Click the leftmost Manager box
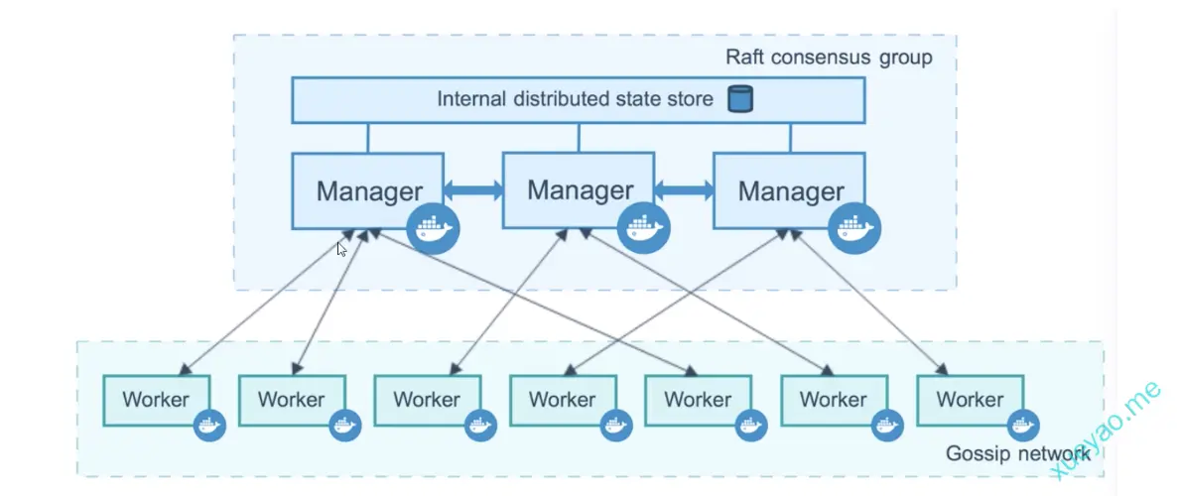(368, 189)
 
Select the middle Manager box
(579, 188)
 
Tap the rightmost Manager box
(790, 189)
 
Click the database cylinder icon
(739, 99)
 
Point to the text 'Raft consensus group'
(829, 57)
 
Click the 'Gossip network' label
(1017, 453)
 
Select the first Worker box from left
(156, 400)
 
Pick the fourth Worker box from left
(563, 400)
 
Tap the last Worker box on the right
(970, 400)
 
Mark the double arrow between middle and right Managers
(684, 190)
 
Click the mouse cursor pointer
(341, 249)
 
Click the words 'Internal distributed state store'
(575, 99)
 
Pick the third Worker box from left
(427, 400)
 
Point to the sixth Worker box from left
(834, 400)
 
